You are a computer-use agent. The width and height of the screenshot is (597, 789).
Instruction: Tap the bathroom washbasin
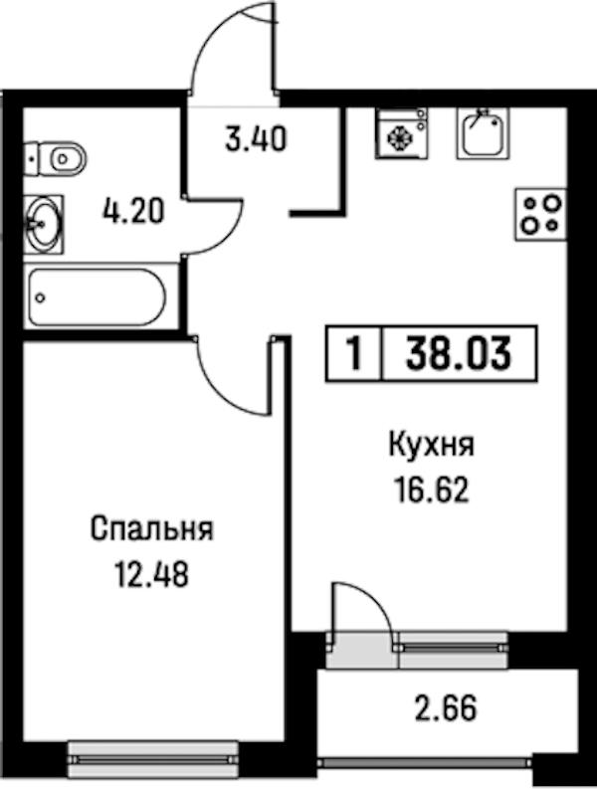pos(44,225)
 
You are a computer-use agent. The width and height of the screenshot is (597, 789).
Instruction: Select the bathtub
pos(97,297)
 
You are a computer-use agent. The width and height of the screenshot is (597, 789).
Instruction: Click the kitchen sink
pos(483,133)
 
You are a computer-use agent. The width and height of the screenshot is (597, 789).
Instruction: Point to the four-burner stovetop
pos(541,214)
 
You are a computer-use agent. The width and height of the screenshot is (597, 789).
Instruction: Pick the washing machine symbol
pos(401,133)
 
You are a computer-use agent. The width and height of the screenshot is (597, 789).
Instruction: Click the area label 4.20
pos(133,211)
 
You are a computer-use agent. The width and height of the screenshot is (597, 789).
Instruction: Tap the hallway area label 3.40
pos(256,139)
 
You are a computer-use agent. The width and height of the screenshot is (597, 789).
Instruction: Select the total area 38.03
pos(459,353)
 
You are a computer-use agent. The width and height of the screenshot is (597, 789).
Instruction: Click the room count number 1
pos(355,353)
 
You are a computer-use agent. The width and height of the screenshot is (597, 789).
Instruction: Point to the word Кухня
pos(432,446)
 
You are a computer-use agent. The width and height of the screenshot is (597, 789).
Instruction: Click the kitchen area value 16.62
pos(432,491)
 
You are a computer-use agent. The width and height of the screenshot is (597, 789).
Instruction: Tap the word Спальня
pos(152,529)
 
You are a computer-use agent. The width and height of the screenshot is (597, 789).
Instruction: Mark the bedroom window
pos(153,757)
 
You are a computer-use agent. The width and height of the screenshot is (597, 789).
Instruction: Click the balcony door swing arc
pos(378,600)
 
